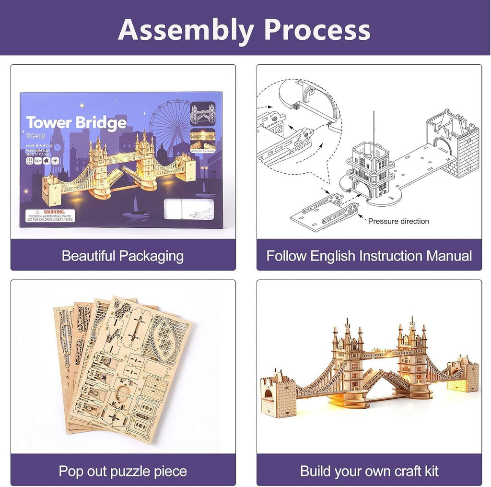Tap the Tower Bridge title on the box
click(76, 123)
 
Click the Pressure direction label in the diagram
click(398, 221)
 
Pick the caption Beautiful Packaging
click(123, 255)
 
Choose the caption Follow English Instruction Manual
click(369, 255)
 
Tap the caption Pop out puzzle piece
click(123, 471)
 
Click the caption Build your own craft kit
click(369, 471)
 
